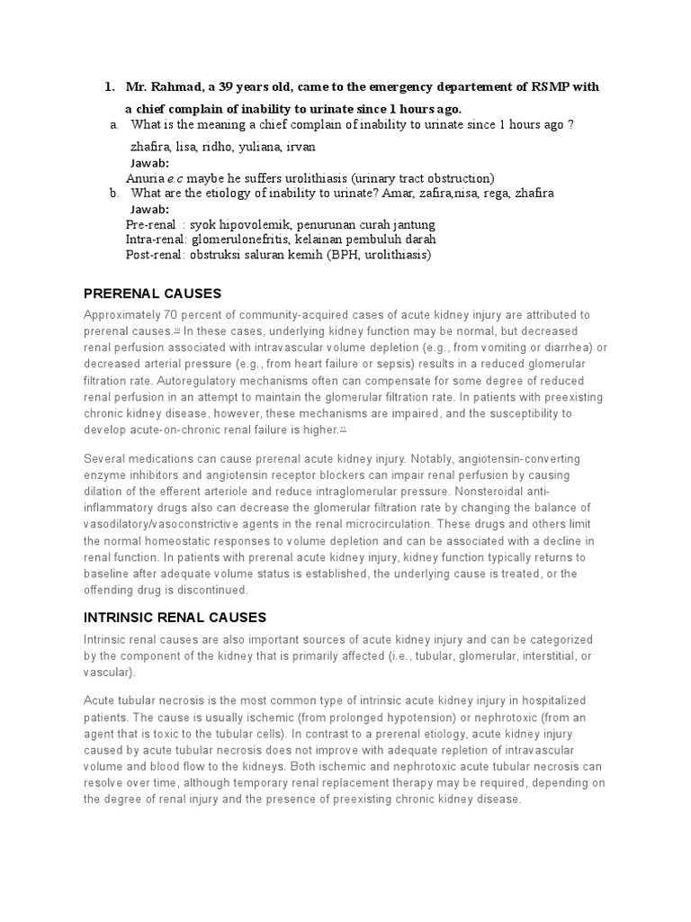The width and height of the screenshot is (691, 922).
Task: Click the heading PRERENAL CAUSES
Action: point(151,294)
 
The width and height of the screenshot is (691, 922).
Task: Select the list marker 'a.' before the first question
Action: point(113,124)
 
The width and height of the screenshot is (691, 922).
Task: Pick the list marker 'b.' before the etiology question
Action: point(113,193)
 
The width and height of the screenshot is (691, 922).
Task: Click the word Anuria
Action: point(147,178)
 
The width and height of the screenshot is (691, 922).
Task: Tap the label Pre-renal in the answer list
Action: point(150,224)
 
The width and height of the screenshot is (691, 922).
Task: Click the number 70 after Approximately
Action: point(169,315)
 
